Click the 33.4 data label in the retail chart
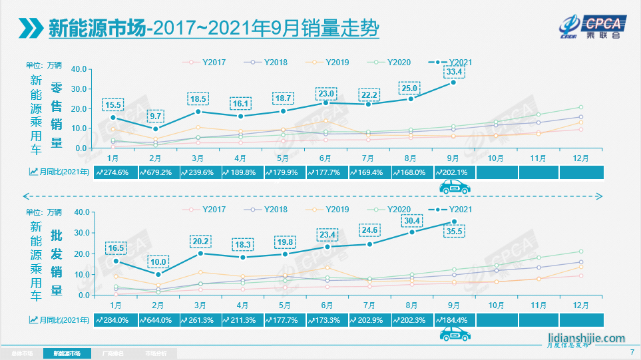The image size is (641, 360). coord(454,72)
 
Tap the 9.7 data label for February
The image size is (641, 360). coord(156,116)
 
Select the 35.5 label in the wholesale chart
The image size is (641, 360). coord(454,232)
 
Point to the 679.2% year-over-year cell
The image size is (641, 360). coord(156,172)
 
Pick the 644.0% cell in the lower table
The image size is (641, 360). coord(156,319)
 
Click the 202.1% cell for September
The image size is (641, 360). coord(454,172)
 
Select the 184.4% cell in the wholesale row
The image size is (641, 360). coord(454,319)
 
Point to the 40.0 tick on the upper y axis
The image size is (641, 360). coord(79,69)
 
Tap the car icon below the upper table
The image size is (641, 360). coord(454,188)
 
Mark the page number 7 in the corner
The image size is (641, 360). coord(632,352)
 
